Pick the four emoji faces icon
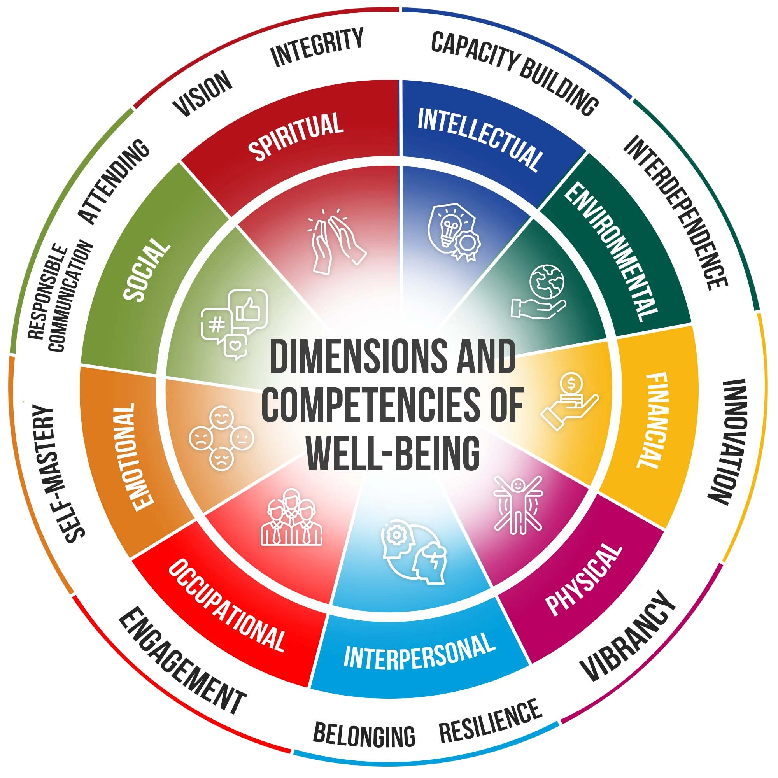[221, 437]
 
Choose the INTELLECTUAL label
[479, 138]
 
